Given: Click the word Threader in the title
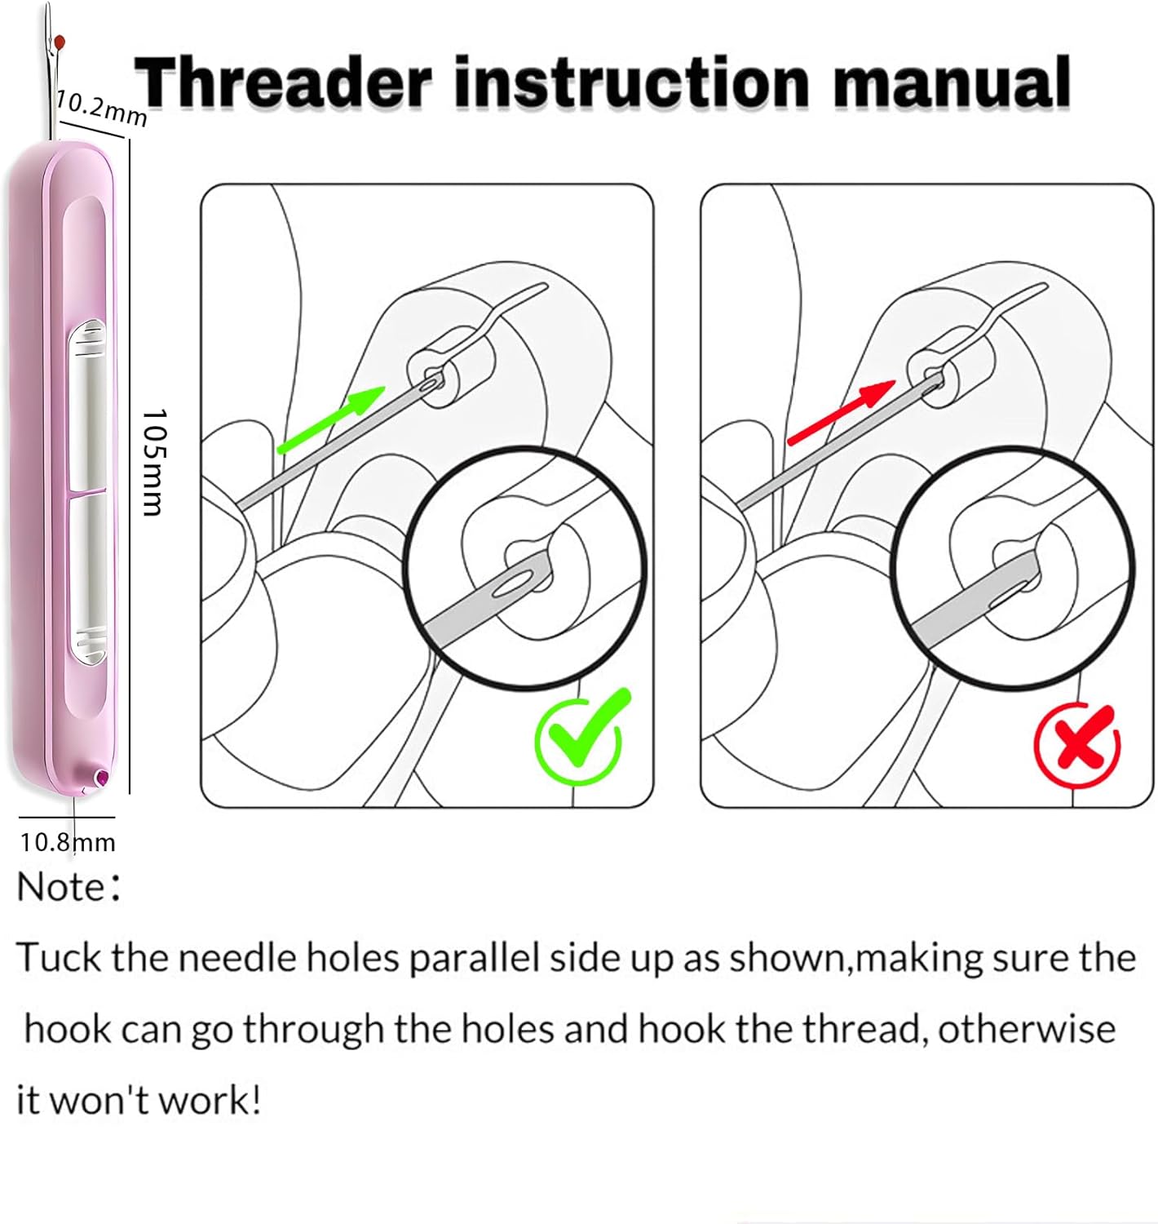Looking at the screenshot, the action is point(283,82).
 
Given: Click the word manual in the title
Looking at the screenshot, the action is point(952,82).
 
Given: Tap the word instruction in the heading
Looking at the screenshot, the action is point(632,82).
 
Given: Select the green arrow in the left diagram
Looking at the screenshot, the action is point(331,419).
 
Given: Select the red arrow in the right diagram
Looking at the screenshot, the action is point(842,413).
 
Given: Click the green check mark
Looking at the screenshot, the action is point(581,735).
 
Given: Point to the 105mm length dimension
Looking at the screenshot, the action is point(152,462).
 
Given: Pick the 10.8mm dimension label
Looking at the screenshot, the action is point(68,843).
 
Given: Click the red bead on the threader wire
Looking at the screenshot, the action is point(60,42).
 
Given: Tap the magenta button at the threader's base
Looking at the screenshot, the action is point(101,776).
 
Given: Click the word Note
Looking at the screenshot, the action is point(60,887).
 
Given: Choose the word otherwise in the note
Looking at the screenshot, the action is point(1026,1029).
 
